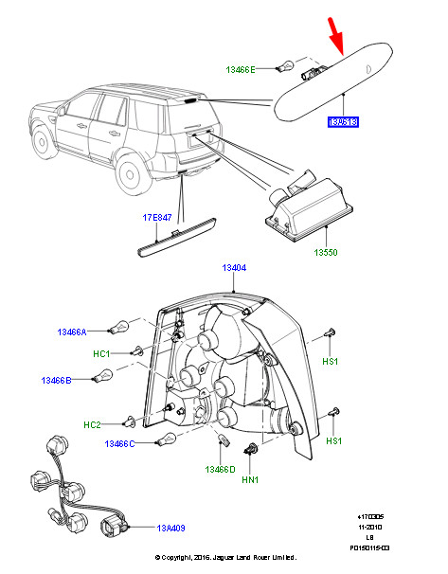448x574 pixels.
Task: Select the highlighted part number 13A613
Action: [x=345, y=123]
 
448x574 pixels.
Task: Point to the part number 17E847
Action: [x=158, y=219]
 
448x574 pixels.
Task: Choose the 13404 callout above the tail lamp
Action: [x=234, y=268]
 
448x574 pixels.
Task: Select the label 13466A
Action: [x=70, y=332]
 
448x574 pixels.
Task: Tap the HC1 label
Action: [x=102, y=353]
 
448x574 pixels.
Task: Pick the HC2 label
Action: [x=92, y=424]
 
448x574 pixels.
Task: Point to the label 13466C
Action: [x=120, y=443]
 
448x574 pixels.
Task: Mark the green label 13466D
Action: [x=220, y=468]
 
